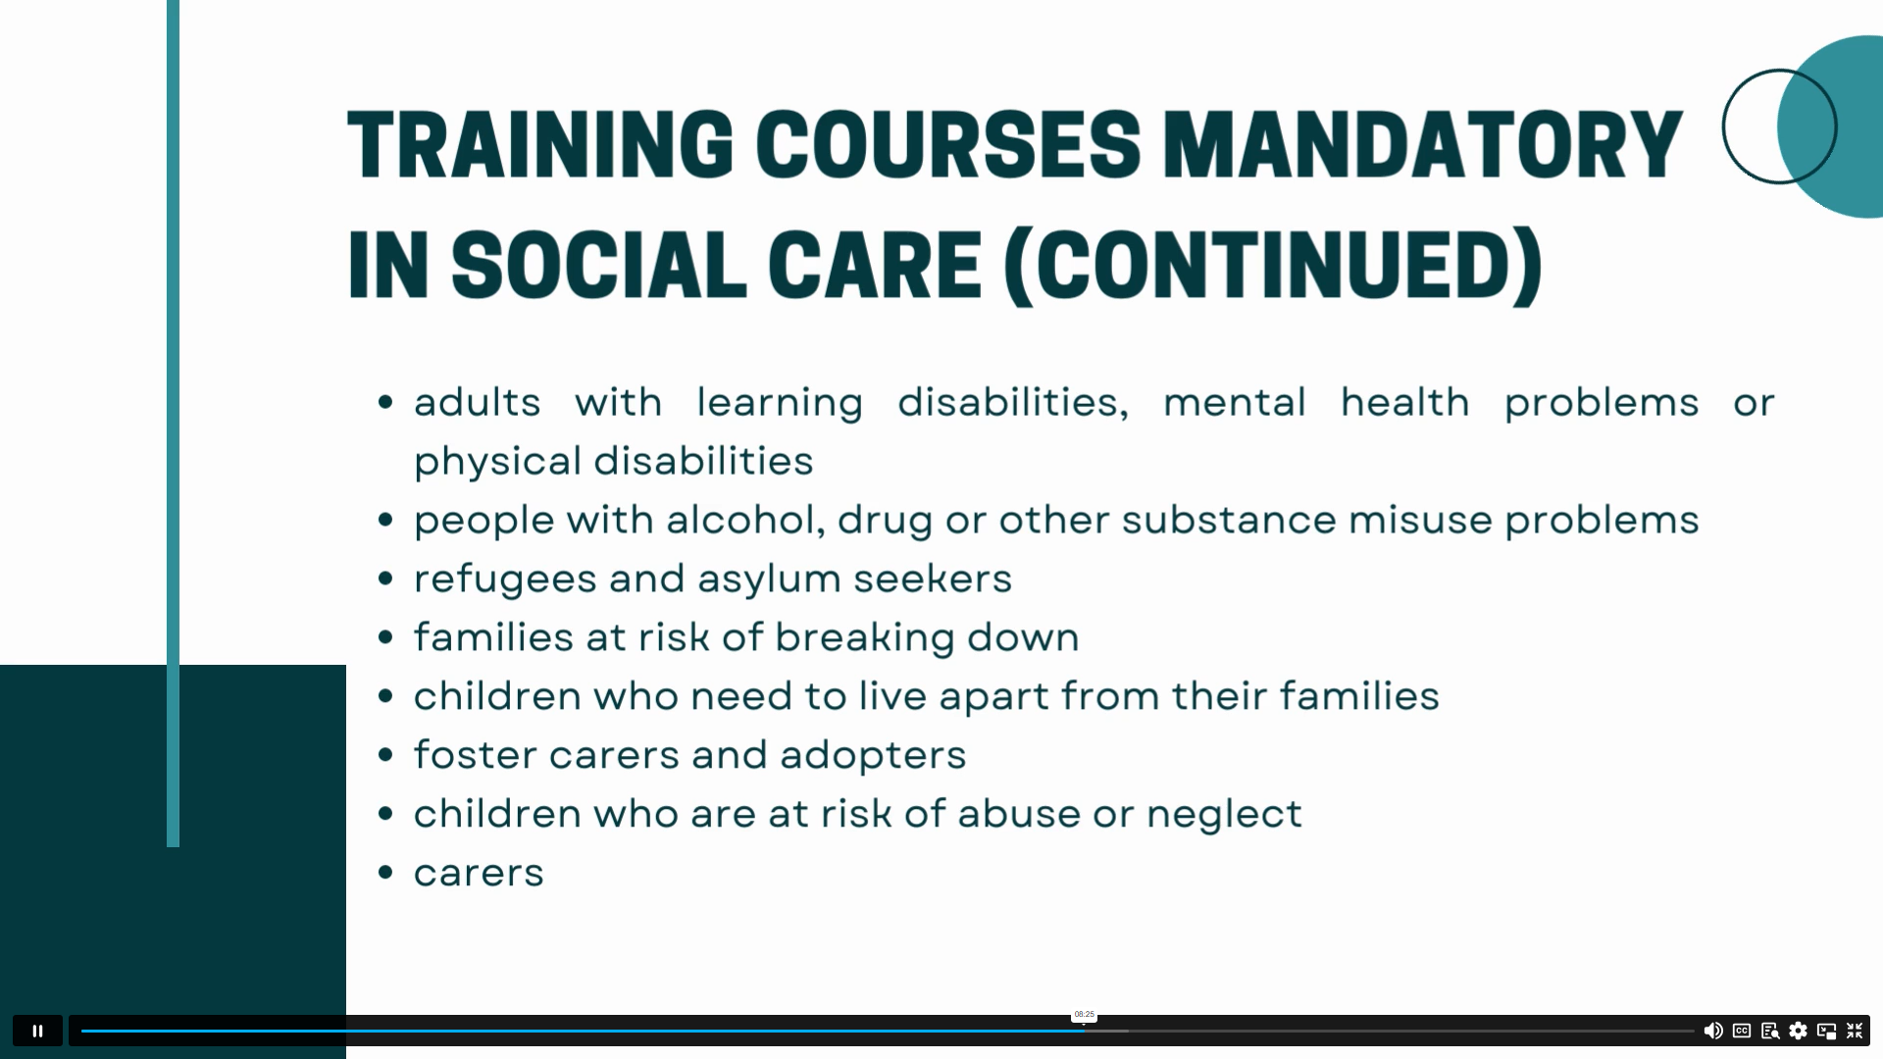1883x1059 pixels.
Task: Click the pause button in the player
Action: click(37, 1031)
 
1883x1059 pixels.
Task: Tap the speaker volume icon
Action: click(1713, 1031)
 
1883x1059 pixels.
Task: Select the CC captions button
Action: click(1742, 1031)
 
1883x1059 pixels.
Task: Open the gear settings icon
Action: click(1798, 1031)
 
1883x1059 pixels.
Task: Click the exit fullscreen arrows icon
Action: click(1855, 1031)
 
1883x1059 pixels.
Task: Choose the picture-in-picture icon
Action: click(1826, 1031)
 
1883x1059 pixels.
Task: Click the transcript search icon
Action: click(1770, 1031)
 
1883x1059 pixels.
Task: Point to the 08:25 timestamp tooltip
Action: click(1084, 1015)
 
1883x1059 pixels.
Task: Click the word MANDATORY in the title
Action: click(1423, 145)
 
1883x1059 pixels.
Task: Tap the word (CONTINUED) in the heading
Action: click(1274, 266)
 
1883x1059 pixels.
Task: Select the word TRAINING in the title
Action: click(540, 145)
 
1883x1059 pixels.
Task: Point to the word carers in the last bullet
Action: click(479, 874)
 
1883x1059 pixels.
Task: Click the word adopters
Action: click(873, 756)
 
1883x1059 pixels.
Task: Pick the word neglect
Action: click(1224, 815)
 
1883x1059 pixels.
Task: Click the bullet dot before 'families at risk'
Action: click(385, 637)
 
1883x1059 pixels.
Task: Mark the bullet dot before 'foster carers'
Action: click(385, 755)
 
